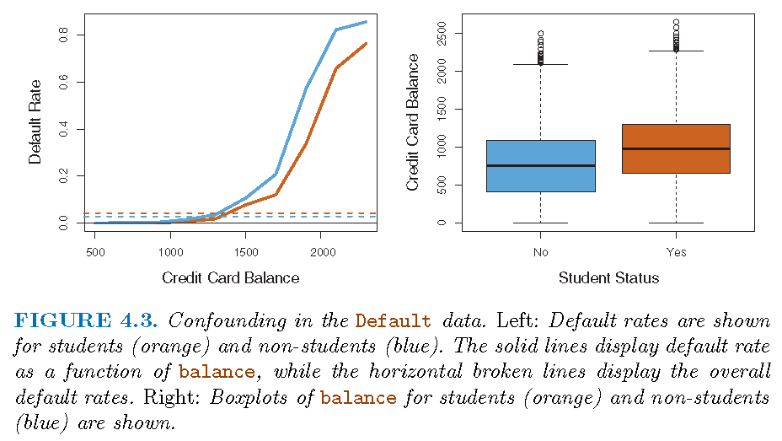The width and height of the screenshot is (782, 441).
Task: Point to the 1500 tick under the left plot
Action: (x=245, y=251)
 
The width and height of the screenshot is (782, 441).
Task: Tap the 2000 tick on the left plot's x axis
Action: (x=320, y=251)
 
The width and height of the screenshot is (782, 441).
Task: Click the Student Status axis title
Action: (x=608, y=277)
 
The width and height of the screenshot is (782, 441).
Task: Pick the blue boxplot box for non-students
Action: (x=539, y=166)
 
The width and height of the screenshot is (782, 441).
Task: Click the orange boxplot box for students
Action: (x=676, y=148)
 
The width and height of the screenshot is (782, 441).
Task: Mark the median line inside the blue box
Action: (x=539, y=165)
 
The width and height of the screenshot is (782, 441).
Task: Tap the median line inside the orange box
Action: (x=676, y=149)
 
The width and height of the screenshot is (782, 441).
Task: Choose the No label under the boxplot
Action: (x=539, y=251)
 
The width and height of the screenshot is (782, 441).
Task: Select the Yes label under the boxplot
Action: (x=676, y=251)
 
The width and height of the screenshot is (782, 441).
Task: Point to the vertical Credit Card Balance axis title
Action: (x=413, y=122)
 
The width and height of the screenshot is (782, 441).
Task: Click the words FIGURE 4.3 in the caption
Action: (x=88, y=321)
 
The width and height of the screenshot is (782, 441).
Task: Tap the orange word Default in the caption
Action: (x=393, y=322)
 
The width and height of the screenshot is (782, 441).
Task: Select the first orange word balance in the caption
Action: (x=217, y=372)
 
